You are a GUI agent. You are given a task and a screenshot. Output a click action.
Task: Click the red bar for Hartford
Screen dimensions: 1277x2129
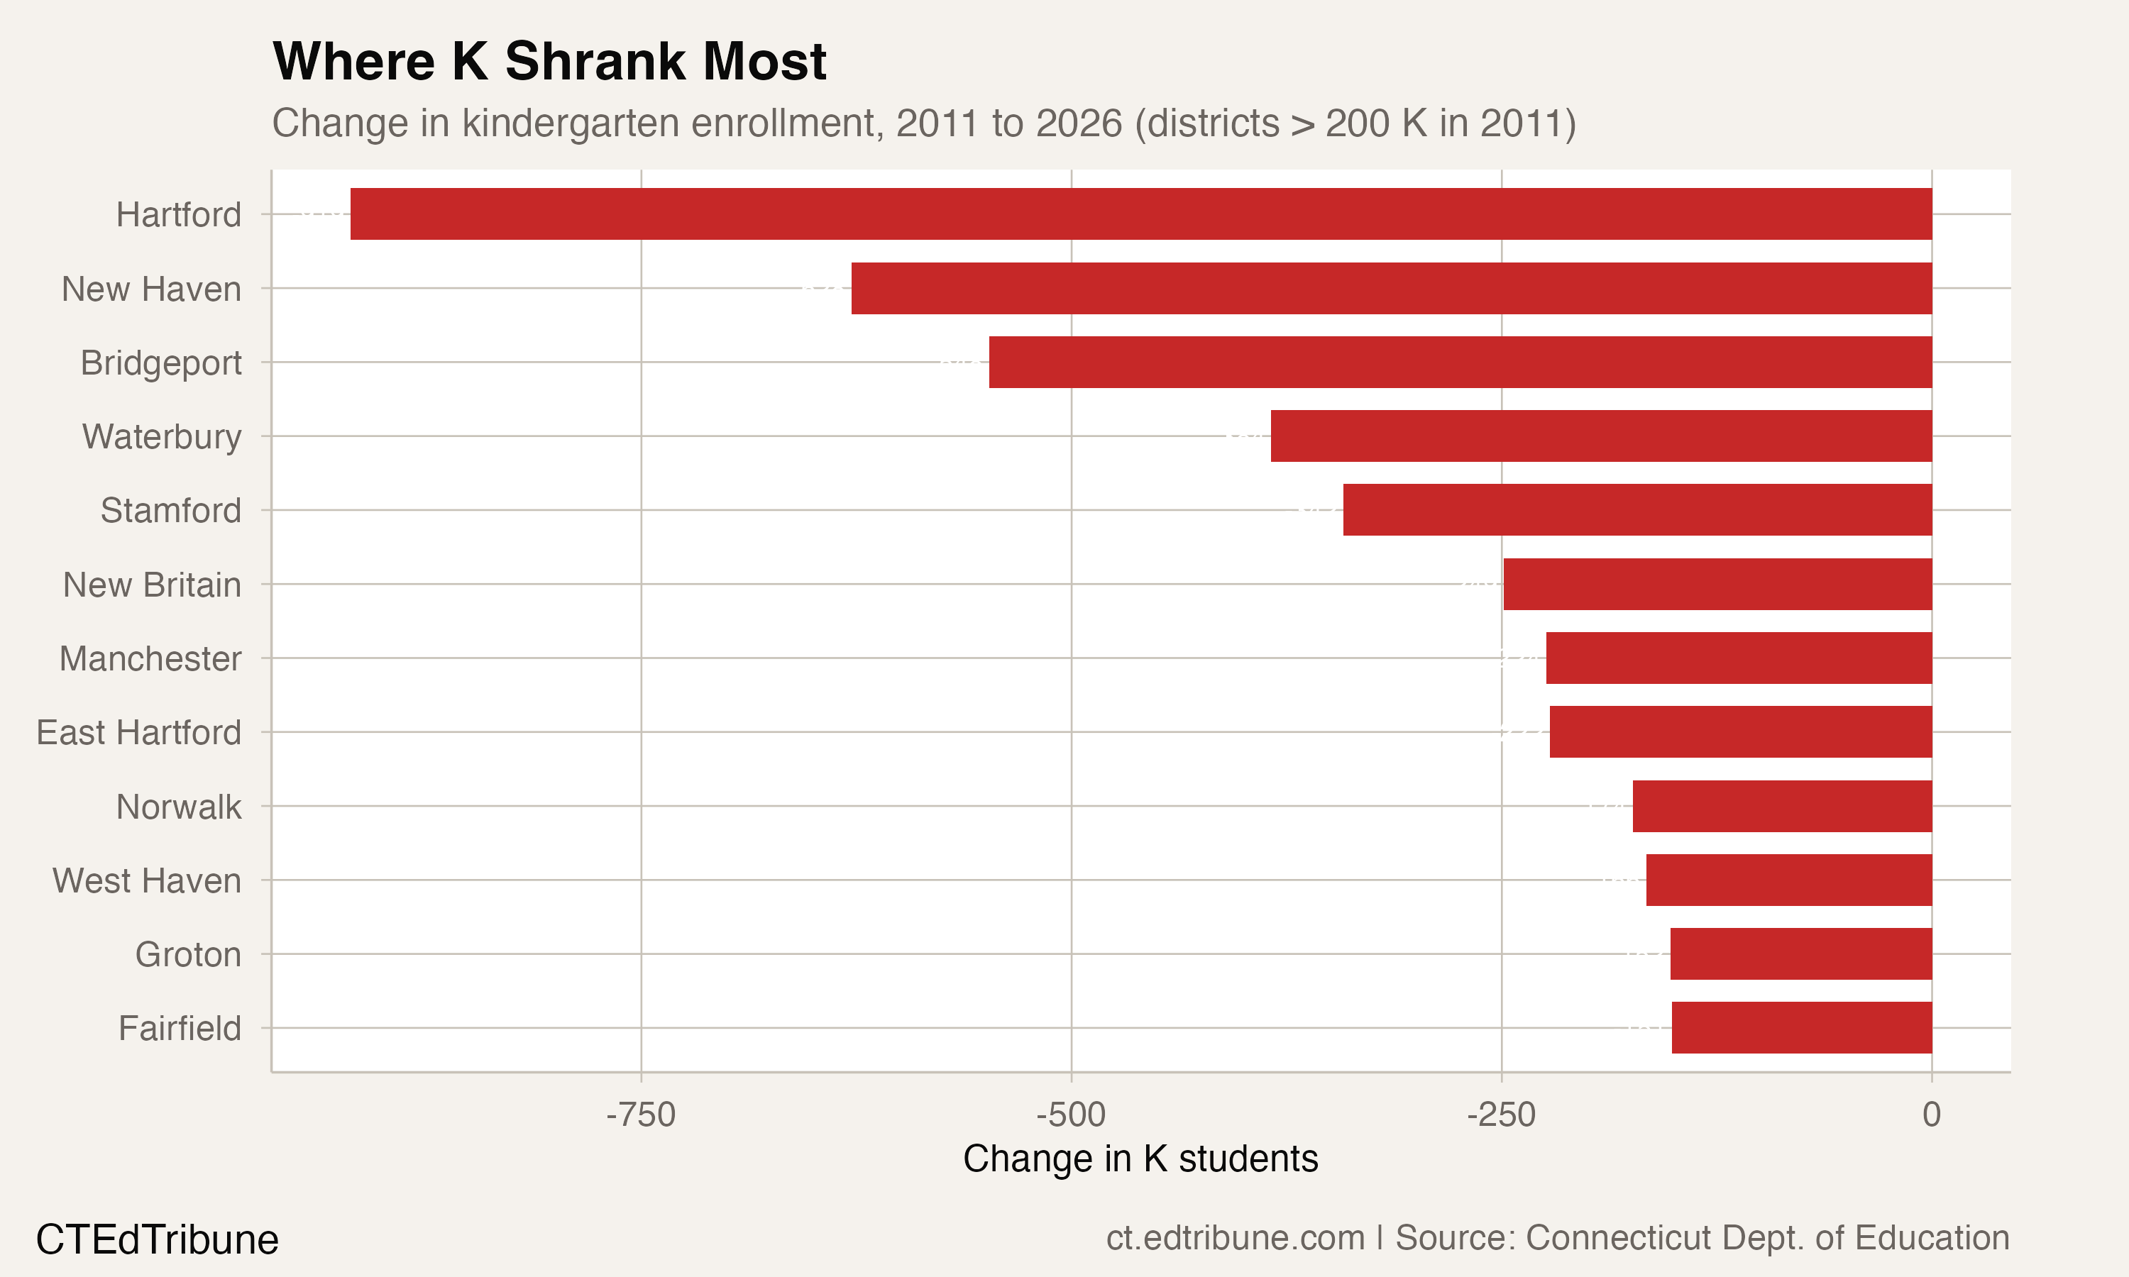1140,214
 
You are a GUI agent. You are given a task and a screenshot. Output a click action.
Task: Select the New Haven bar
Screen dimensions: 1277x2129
1391,288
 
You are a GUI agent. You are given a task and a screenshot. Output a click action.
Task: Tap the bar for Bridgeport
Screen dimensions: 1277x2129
1460,363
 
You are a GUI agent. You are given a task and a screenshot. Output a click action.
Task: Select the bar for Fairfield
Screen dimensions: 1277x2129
1801,1027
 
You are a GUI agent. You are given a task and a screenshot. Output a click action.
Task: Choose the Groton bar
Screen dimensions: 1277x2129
1800,953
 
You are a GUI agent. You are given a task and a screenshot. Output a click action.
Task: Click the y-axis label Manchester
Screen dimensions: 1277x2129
150,659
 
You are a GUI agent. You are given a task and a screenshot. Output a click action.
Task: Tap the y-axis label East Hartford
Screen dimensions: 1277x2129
138,733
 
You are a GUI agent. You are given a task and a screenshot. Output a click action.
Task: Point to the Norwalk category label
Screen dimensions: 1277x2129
179,807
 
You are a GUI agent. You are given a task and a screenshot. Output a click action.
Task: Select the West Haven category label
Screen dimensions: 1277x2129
147,881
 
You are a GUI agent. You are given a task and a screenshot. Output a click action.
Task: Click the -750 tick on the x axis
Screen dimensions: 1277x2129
641,1115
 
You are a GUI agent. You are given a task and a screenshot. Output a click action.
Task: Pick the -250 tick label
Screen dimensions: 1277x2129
1501,1115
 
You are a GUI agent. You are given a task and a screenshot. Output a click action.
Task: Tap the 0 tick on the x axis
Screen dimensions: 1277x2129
1931,1115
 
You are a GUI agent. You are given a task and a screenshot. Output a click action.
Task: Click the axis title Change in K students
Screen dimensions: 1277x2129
1140,1159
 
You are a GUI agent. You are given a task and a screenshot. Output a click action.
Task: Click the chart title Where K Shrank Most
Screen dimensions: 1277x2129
549,62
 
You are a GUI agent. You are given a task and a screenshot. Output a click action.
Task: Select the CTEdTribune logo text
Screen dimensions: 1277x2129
158,1240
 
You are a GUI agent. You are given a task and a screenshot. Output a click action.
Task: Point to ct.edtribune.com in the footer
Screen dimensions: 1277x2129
1235,1238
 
